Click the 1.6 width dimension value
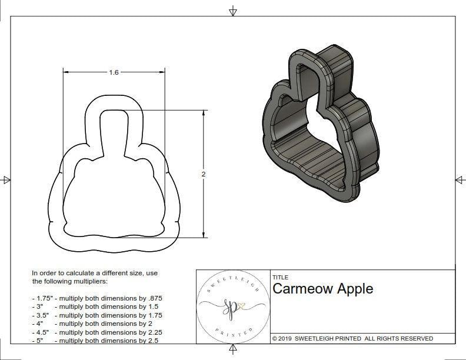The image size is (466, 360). [x=114, y=72]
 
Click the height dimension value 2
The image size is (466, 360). [x=204, y=174]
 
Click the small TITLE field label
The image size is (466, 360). [x=280, y=277]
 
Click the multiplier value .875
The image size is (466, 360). [x=154, y=298]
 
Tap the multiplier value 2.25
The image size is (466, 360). [x=152, y=332]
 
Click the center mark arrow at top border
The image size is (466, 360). [x=234, y=11]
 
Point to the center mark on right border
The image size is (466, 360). [x=459, y=179]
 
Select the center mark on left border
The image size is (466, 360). [x=6, y=179]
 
